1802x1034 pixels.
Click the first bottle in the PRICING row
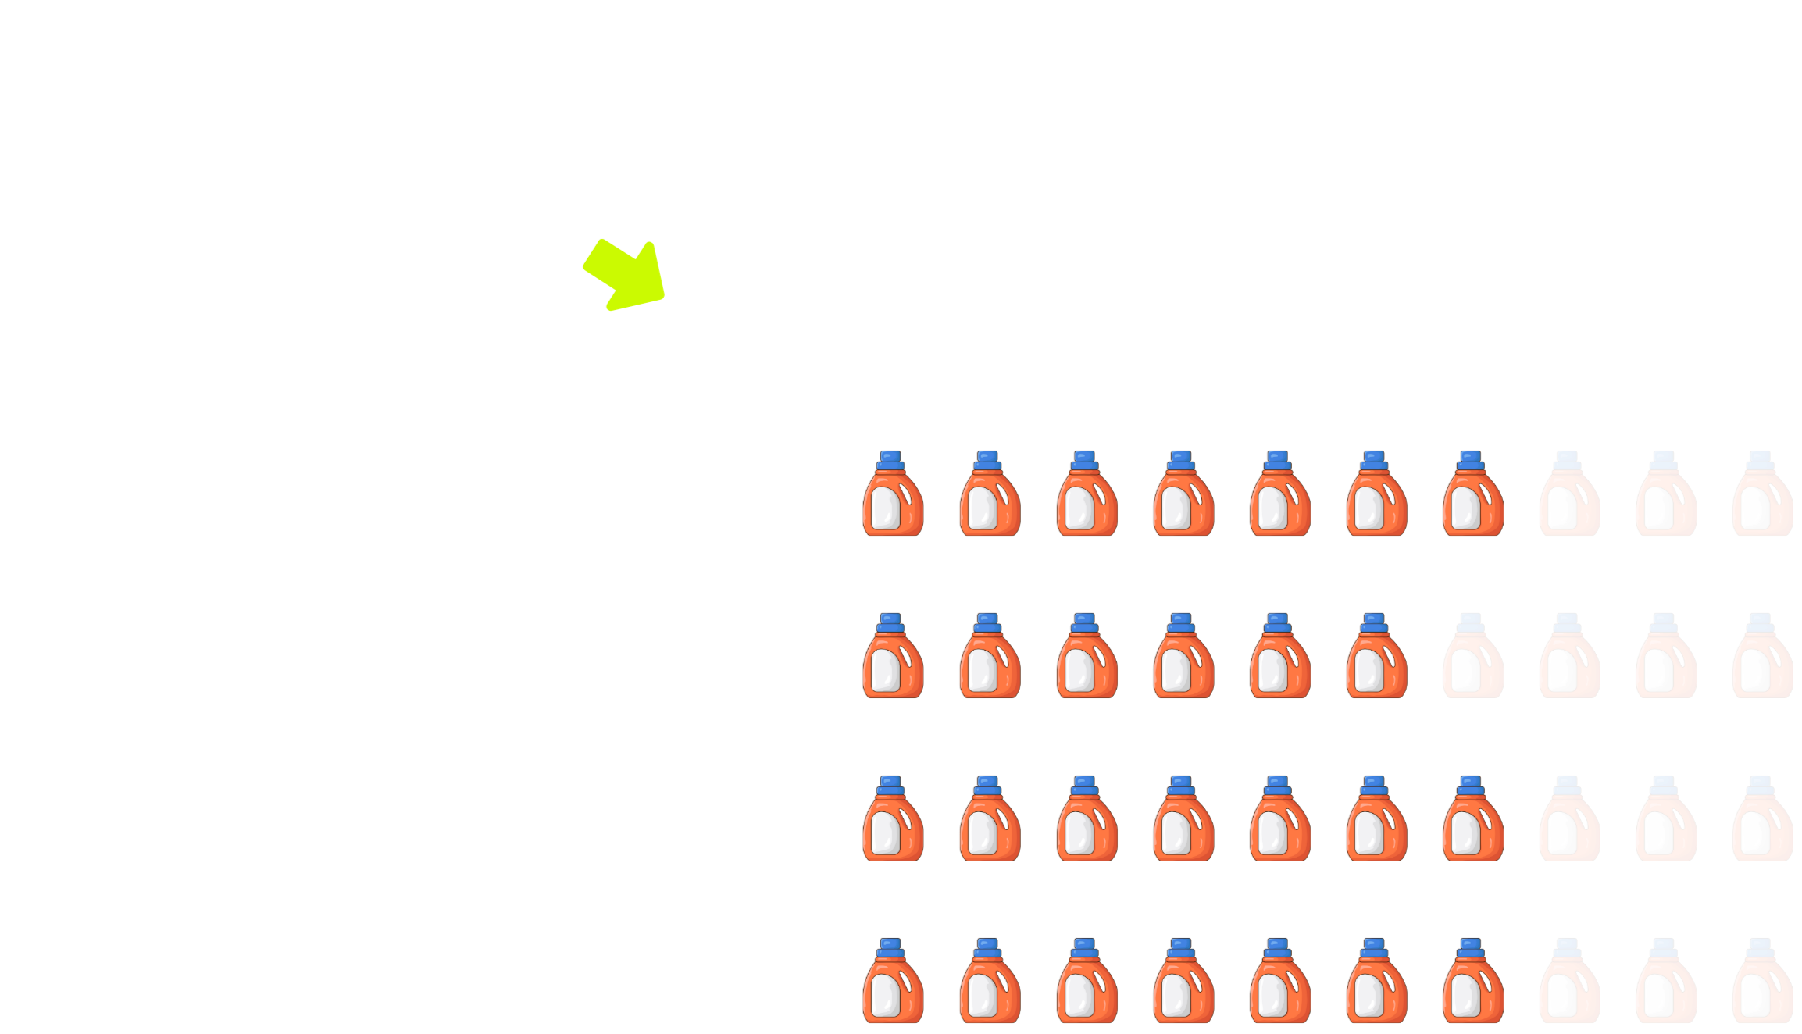[x=893, y=494]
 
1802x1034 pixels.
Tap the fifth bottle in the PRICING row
[x=1279, y=494]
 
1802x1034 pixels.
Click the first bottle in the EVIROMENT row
[x=893, y=656]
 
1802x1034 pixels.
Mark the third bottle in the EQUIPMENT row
[x=1087, y=818]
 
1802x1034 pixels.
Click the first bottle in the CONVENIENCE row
[x=893, y=981]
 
